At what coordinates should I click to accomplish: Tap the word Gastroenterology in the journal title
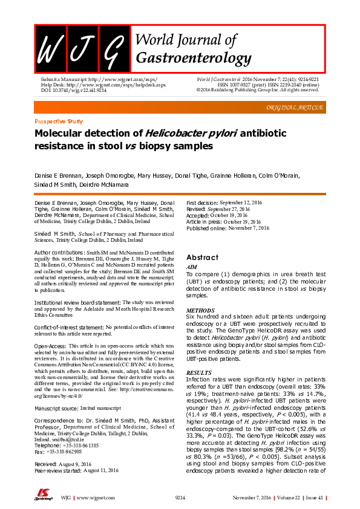pyautogui.click(x=194, y=58)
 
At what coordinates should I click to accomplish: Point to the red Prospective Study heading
pyautogui.click(x=59, y=122)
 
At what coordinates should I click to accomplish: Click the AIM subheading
pyautogui.click(x=191, y=266)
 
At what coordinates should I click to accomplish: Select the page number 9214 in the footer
pyautogui.click(x=180, y=498)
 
